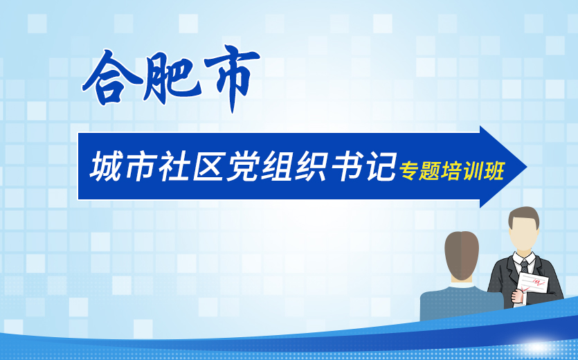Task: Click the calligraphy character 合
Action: point(113,78)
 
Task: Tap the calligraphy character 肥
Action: point(172,78)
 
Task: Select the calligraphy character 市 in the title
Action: point(231,78)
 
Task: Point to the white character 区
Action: point(208,167)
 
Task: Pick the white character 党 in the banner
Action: point(242,167)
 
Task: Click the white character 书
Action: point(347,167)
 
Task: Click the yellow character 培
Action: point(451,170)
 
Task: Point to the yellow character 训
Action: point(472,170)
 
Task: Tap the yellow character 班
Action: point(494,170)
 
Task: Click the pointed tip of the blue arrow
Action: point(527,167)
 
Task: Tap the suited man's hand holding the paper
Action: point(518,296)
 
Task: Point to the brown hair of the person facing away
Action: point(462,255)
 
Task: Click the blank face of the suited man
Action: point(523,235)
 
